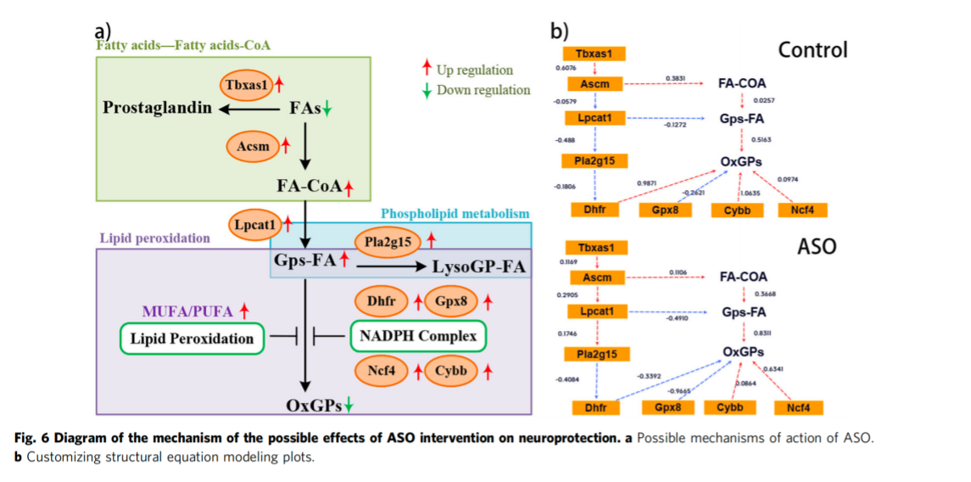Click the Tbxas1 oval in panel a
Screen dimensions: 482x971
coord(247,85)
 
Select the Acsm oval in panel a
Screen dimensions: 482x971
coord(253,146)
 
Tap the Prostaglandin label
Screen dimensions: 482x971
coord(156,109)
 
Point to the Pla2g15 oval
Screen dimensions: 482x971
coord(388,242)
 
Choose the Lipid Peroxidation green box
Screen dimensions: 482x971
coord(192,339)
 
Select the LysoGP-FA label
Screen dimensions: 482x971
coord(479,267)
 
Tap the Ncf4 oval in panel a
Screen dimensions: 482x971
coord(382,371)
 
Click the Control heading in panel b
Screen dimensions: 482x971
coord(812,50)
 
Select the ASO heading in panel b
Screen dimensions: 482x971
coord(817,247)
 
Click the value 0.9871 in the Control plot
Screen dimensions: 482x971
coord(647,182)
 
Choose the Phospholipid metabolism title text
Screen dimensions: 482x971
coord(455,213)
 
